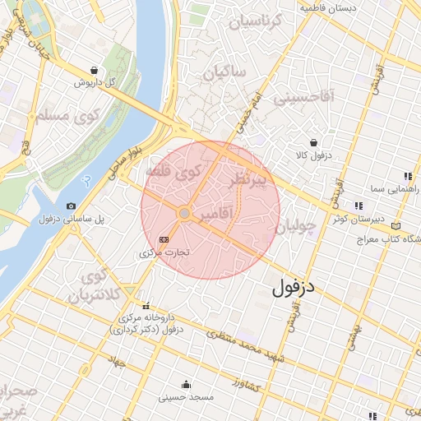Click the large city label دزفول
(294, 287)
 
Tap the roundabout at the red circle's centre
(185, 214)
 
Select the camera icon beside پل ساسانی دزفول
(71, 206)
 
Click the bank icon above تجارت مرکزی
(164, 238)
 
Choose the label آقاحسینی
(304, 97)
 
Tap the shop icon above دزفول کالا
(312, 141)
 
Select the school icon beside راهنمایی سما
(407, 175)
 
